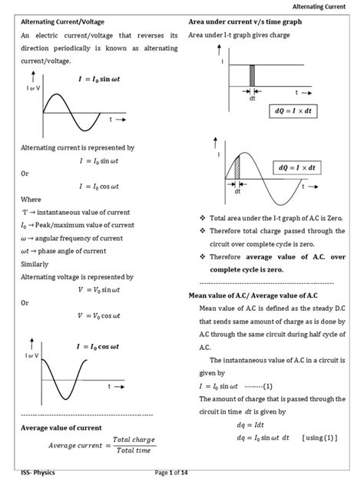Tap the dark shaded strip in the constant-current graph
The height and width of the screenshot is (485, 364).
251,77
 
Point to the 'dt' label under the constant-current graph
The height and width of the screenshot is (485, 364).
251,98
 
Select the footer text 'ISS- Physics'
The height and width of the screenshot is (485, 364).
38,473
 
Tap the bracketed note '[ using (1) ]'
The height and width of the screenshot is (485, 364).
322,437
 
